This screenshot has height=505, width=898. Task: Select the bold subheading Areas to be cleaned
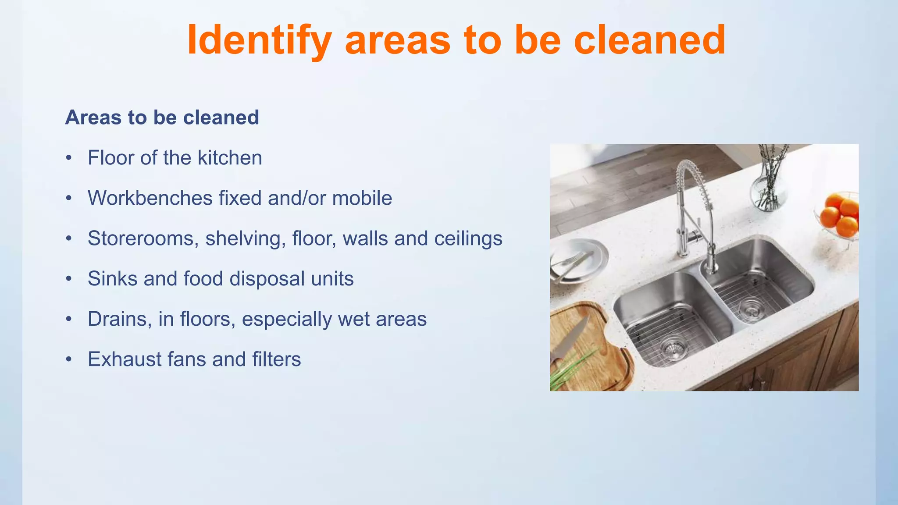coord(162,117)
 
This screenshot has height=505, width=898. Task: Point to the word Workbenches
coord(150,198)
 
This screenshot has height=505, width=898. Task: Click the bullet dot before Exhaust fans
coord(68,359)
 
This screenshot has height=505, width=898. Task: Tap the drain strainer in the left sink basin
coord(673,347)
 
